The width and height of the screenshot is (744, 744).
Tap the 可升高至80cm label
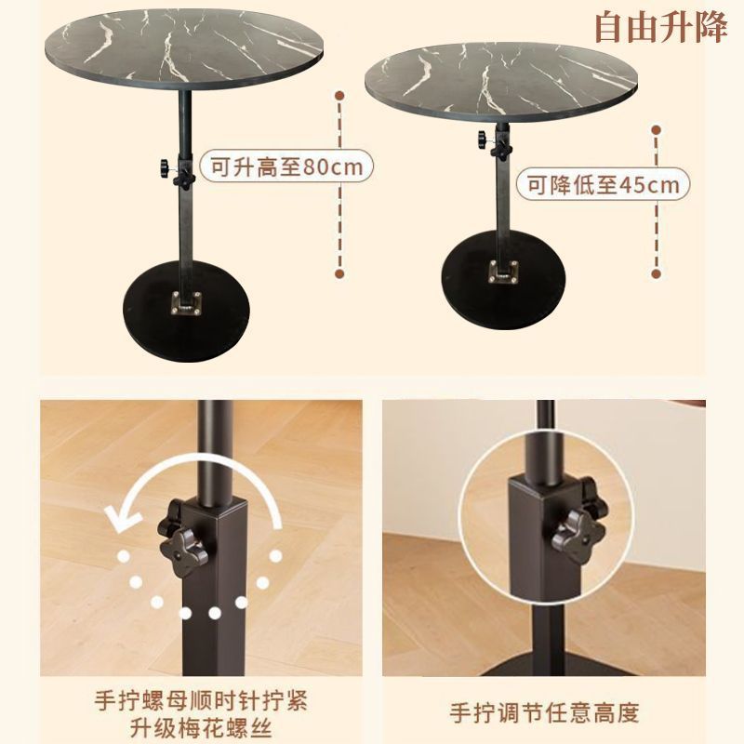pos(286,167)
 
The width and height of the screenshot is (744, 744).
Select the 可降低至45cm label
pos(604,184)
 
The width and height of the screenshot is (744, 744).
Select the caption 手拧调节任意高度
pos(544,713)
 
